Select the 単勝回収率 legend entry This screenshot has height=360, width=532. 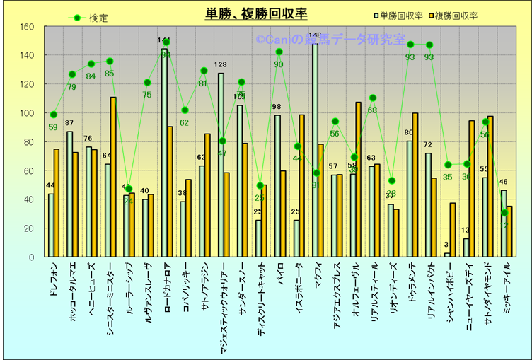click(x=398, y=16)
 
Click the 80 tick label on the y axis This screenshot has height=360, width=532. click(x=28, y=142)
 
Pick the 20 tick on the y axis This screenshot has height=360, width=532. click(x=28, y=228)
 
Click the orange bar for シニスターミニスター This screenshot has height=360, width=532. click(x=113, y=177)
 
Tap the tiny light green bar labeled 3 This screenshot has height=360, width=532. click(x=446, y=255)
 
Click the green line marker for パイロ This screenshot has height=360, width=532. click(x=279, y=52)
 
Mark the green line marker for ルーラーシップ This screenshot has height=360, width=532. click(x=128, y=189)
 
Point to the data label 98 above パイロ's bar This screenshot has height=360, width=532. click(x=277, y=108)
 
